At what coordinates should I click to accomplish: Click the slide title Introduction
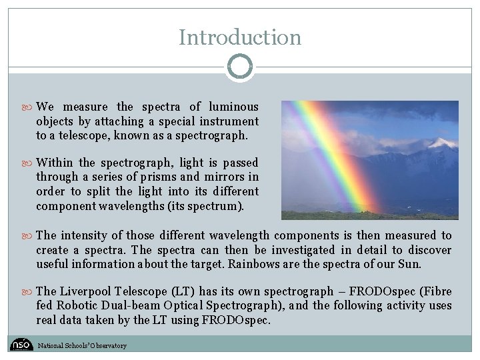pos(240,37)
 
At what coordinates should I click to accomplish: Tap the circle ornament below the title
pos(240,67)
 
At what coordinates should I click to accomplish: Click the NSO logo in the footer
pos(21,345)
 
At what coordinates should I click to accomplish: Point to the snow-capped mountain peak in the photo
pos(441,143)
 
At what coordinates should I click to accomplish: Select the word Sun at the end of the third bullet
pos(410,264)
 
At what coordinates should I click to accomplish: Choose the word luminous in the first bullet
pos(233,107)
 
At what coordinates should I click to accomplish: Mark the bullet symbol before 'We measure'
pos(30,107)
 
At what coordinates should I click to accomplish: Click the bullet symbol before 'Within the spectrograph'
pos(30,163)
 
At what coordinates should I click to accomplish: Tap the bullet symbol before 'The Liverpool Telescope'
pos(30,291)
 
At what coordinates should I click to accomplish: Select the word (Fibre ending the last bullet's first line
pos(436,291)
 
